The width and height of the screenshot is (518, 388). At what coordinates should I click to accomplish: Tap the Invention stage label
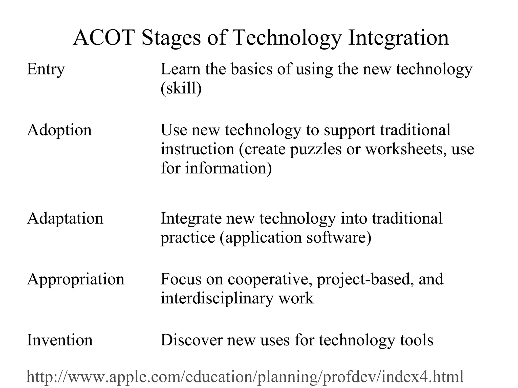(x=60, y=340)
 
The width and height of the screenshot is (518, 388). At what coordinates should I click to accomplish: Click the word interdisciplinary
(x=217, y=298)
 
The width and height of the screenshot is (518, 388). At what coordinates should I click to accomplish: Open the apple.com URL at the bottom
(x=245, y=377)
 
